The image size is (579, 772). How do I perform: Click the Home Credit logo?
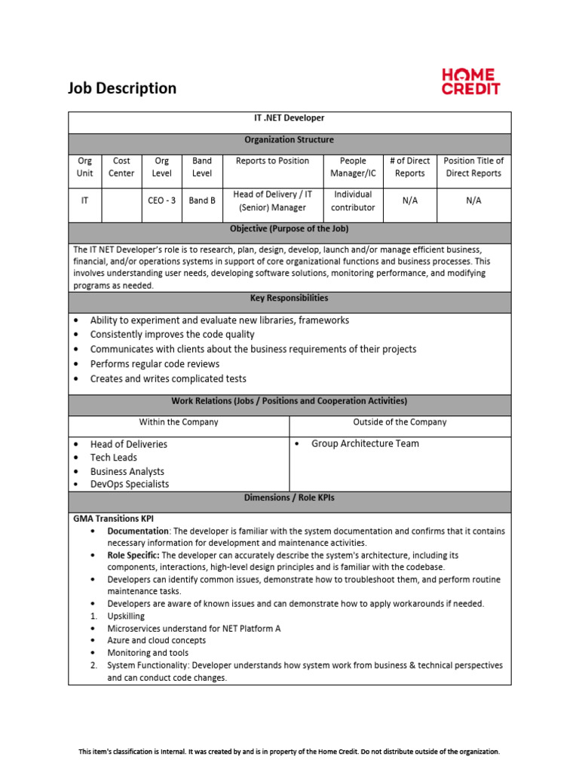[x=470, y=81]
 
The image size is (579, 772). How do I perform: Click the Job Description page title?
[x=122, y=88]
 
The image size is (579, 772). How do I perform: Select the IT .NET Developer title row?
[x=289, y=118]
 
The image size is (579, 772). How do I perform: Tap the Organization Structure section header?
[x=289, y=140]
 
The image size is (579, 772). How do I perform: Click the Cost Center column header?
[x=121, y=167]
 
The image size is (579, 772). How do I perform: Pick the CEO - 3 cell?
[x=161, y=201]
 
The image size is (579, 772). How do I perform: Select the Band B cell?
[x=202, y=201]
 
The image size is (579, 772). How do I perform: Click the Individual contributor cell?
[x=353, y=201]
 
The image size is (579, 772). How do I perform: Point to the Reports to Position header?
[x=272, y=161]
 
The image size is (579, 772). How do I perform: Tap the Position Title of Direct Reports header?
[x=473, y=167]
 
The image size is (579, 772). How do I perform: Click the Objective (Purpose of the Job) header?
[x=289, y=229]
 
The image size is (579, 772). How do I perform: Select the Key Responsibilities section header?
[x=289, y=299]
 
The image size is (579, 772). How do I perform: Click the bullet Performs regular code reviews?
[x=155, y=364]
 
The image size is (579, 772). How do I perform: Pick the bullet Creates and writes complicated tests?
[x=168, y=378]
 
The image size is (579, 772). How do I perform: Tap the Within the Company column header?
[x=179, y=422]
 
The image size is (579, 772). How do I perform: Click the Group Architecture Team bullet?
[x=365, y=443]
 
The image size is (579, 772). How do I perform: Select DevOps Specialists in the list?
[x=130, y=484]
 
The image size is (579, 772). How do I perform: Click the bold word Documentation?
[x=138, y=531]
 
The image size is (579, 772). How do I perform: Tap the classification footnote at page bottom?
[x=289, y=752]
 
